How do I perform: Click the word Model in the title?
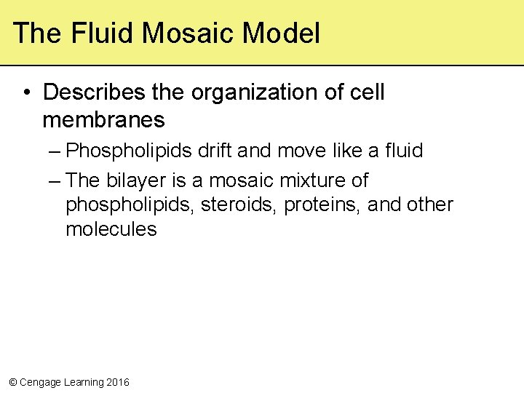281,33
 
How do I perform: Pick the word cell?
366,92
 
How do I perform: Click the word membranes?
103,119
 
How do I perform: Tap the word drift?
215,151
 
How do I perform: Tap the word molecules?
111,229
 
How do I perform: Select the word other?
430,205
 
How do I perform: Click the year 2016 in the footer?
118,382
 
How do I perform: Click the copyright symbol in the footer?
12,382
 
